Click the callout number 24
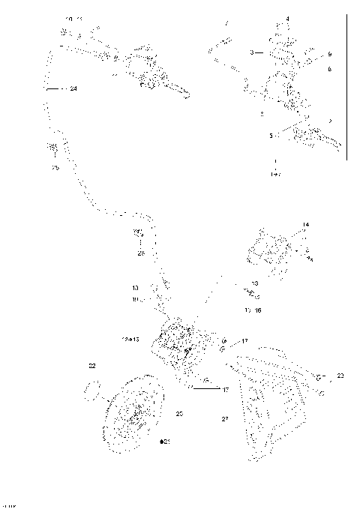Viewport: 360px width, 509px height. pos(73,88)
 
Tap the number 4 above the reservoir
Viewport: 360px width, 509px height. pos(287,18)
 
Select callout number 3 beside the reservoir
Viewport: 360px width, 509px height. pos(252,53)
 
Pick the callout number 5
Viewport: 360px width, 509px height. pos(271,136)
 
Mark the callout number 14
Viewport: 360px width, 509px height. pos(305,224)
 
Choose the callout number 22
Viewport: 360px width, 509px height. pos(92,366)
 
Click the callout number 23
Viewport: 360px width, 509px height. pos(340,375)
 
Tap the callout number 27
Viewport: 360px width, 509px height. pos(224,419)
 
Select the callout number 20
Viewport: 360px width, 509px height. pos(179,413)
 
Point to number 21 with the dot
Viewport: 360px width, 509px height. pos(165,442)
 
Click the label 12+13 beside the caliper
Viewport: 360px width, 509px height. pos(130,339)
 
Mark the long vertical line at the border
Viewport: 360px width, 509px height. pos(347,86)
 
